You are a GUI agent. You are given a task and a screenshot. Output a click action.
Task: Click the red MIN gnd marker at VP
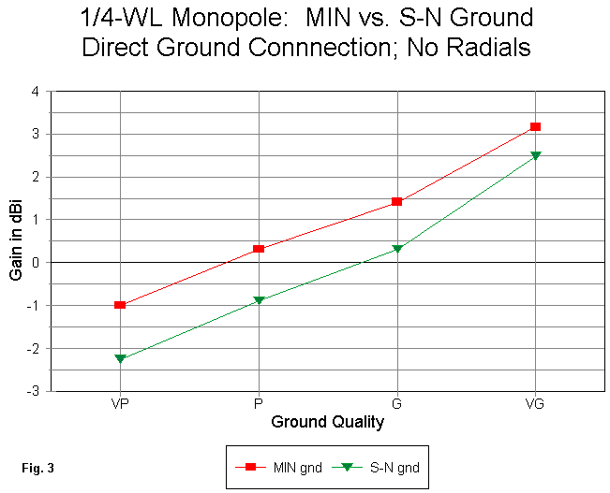tap(120, 305)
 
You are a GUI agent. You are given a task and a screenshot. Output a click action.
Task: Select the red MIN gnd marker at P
tap(259, 249)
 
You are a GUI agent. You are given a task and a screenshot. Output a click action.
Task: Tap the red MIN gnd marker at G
tap(397, 201)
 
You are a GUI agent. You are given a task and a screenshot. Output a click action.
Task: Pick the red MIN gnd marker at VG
tap(535, 126)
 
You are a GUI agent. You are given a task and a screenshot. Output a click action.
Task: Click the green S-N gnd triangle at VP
tap(120, 358)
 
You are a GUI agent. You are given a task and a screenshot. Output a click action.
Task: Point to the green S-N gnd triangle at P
tap(259, 300)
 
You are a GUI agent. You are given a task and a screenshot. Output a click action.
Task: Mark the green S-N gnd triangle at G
tap(397, 249)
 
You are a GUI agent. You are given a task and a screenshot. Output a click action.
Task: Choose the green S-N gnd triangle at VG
tap(535, 155)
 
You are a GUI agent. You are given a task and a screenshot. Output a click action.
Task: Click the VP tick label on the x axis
tap(120, 404)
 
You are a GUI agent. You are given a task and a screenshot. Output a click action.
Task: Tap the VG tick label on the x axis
tap(535, 404)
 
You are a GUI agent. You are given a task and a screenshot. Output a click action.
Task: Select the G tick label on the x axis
tap(397, 404)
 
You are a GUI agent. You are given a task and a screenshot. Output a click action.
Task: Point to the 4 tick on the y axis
tap(35, 92)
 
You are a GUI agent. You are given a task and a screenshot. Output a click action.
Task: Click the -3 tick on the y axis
tap(32, 391)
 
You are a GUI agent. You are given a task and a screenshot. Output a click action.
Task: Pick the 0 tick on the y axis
tap(35, 263)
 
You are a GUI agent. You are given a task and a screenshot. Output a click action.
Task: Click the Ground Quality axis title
tap(328, 422)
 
